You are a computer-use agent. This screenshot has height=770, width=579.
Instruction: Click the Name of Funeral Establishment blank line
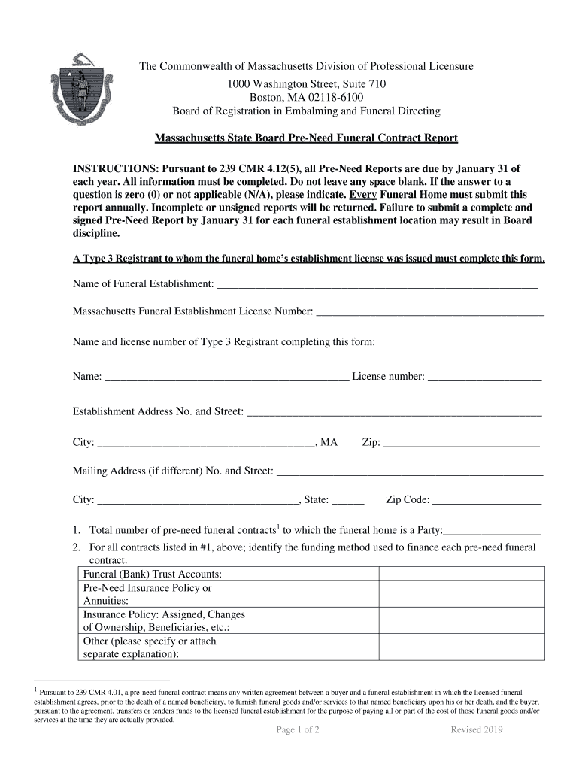376,284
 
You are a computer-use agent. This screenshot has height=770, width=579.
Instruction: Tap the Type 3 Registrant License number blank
484,377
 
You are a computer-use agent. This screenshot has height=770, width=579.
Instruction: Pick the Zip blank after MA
461,444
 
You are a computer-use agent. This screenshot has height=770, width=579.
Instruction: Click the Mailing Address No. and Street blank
410,471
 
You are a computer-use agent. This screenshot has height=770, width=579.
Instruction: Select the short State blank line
347,500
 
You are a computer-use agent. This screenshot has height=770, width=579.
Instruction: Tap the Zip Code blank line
487,500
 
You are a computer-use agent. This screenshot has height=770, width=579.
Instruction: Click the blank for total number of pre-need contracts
493,530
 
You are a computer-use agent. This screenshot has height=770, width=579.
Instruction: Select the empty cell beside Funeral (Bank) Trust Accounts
461,574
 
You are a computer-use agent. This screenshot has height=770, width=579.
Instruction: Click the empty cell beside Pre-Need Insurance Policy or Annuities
461,594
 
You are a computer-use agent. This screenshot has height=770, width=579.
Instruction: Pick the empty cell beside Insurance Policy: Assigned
461,621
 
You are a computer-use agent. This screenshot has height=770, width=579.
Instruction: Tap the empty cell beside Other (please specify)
461,647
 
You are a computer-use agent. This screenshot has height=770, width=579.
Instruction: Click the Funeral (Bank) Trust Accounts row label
152,574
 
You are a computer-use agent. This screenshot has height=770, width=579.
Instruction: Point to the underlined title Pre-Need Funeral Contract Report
296,138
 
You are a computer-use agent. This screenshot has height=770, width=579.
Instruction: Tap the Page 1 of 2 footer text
298,730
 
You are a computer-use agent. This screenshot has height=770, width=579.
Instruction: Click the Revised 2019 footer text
477,730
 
